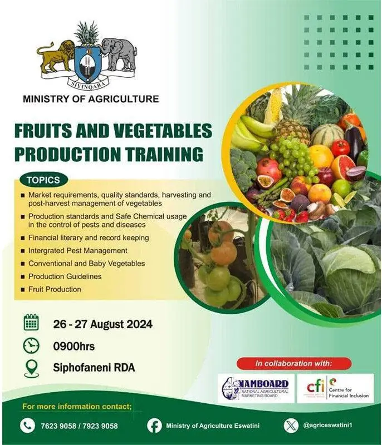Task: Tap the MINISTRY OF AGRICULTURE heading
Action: click(91, 99)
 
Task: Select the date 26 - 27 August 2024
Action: click(102, 324)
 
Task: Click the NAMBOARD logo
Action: click(256, 387)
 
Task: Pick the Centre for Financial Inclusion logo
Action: click(339, 387)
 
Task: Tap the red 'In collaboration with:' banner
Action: click(293, 363)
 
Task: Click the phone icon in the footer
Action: click(27, 426)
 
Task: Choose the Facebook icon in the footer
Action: click(154, 426)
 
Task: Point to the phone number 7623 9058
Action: click(58, 426)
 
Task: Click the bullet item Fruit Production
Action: click(55, 289)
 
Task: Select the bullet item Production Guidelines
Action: click(65, 276)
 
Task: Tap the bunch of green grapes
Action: click(293, 158)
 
